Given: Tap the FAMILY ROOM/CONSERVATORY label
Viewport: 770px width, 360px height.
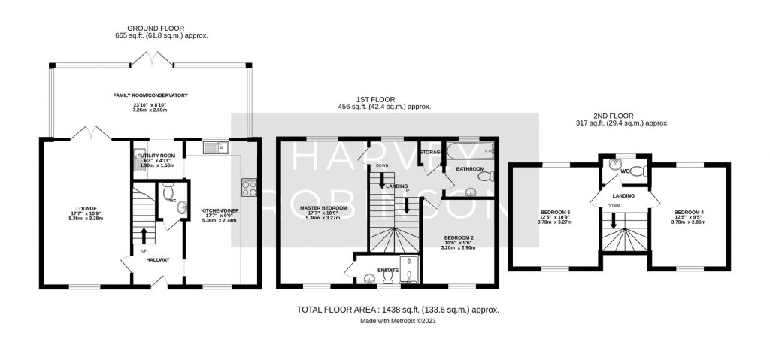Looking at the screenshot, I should point(151,95).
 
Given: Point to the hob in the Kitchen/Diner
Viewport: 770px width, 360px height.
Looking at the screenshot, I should point(249,186).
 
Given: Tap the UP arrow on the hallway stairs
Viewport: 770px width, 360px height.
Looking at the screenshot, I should point(144,234).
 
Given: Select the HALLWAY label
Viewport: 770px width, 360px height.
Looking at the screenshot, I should point(159,260).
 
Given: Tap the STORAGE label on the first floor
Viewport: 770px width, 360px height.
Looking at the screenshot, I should point(432,152).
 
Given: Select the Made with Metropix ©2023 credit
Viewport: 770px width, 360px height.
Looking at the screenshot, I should point(398,320).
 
